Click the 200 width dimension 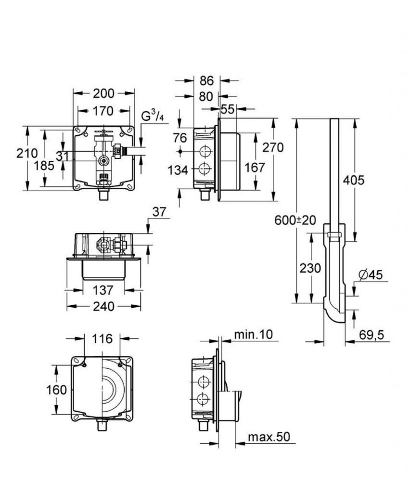tap(103, 93)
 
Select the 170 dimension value tap(103, 111)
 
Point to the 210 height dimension tap(27, 154)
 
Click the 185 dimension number tap(44, 166)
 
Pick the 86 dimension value tap(207, 81)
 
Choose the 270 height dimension tap(273, 147)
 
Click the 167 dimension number tap(255, 168)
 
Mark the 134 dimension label tap(178, 170)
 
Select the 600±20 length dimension tap(295, 220)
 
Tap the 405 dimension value tap(354, 180)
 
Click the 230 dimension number tap(310, 268)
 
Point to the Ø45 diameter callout tap(371, 275)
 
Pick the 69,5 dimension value tap(372, 335)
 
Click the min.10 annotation tap(254, 334)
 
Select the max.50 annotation tap(269, 437)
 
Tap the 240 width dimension tap(103, 306)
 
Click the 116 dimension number tap(102, 338)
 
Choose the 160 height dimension tap(57, 390)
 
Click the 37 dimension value tap(159, 212)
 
